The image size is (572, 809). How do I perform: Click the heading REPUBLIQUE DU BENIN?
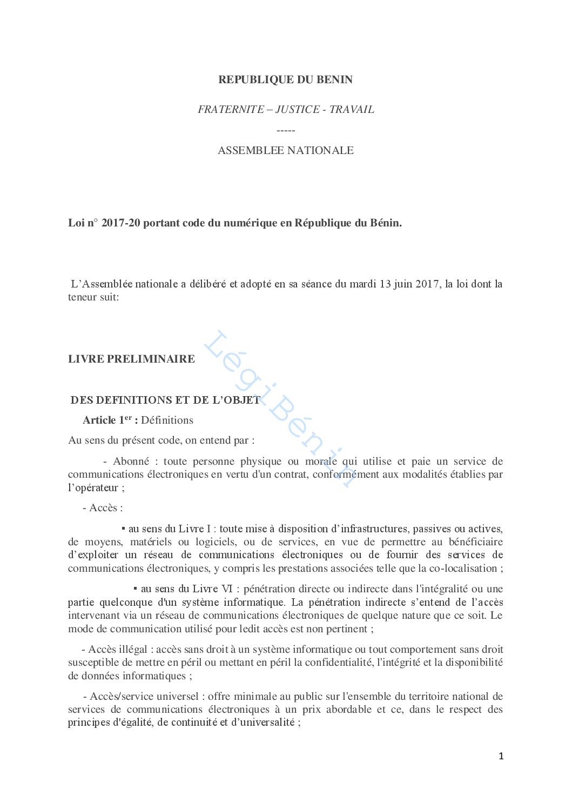click(x=285, y=79)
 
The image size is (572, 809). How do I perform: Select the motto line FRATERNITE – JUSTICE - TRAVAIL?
click(x=286, y=109)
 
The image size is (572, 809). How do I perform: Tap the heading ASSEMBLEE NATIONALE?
click(x=286, y=150)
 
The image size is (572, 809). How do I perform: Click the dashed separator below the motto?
click(x=286, y=130)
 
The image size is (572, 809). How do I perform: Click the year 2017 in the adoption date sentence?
click(x=427, y=284)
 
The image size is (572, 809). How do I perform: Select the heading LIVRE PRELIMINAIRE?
click(x=131, y=359)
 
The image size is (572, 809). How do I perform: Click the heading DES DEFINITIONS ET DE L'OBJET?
click(x=165, y=400)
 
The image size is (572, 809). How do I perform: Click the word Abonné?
click(x=131, y=461)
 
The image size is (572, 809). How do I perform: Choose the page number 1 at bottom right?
click(x=501, y=756)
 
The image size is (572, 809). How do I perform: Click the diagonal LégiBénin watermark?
click(x=281, y=408)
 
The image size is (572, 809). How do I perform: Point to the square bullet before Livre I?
click(x=123, y=528)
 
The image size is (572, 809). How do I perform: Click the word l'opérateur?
click(x=93, y=487)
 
